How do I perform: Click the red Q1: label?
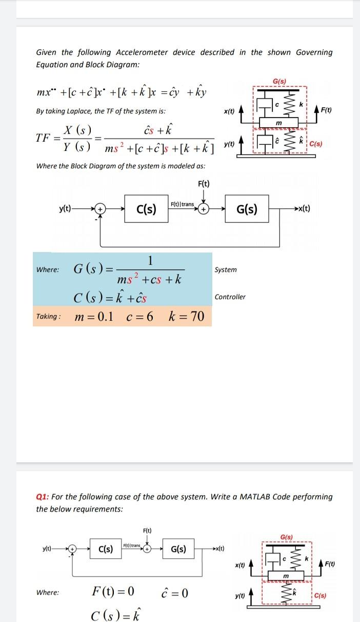(43, 497)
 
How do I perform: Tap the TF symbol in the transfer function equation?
(44, 138)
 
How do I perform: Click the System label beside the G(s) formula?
(226, 270)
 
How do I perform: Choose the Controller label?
(230, 297)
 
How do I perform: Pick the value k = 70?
(186, 317)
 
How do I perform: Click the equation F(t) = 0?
(113, 592)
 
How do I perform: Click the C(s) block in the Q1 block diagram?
(102, 549)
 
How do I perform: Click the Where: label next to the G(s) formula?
(47, 270)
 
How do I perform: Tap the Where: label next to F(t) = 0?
(47, 593)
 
